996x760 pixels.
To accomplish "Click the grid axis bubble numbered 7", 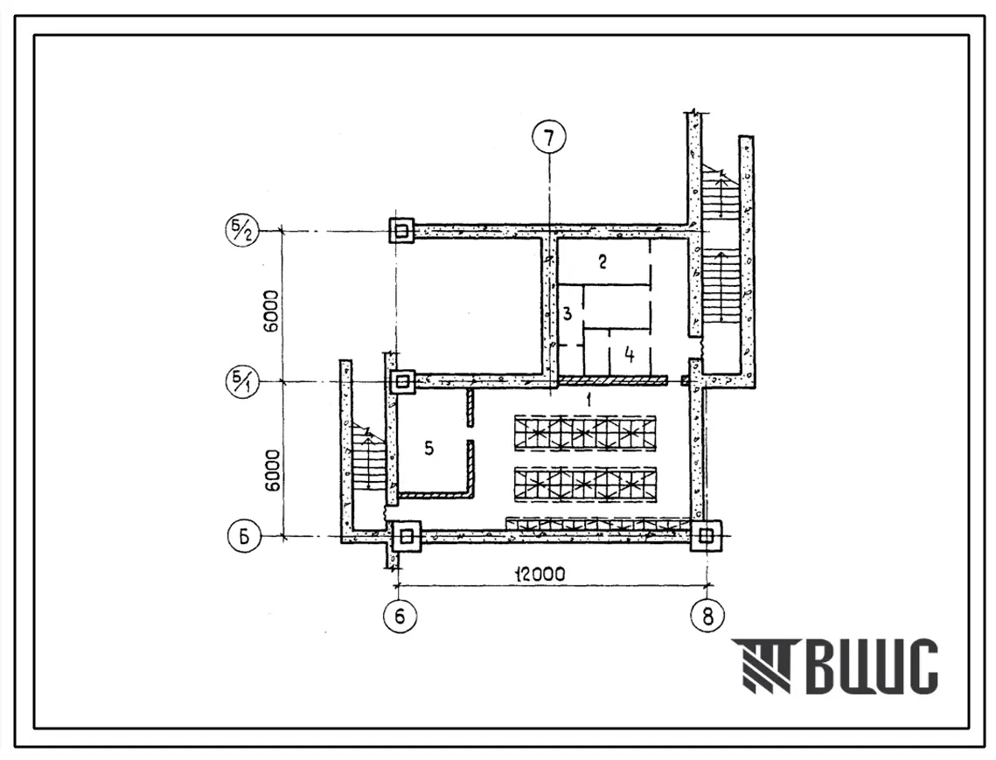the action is (549, 137).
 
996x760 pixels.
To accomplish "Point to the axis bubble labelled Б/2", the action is (242, 231).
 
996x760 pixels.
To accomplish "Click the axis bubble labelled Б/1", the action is (242, 382).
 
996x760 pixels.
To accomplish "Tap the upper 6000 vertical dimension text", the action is (271, 311).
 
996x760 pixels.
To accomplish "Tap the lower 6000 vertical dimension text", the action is (273, 471).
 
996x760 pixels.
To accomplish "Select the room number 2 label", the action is (602, 261).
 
